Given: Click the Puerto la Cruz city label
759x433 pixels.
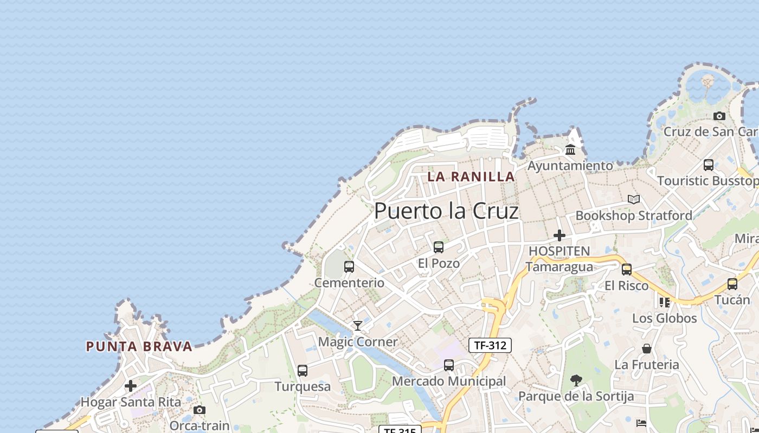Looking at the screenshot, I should click(446, 211).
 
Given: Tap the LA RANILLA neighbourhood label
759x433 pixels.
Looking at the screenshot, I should click(471, 176).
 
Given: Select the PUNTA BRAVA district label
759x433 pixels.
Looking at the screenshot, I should click(139, 346).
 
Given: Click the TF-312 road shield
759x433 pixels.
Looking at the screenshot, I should click(490, 345).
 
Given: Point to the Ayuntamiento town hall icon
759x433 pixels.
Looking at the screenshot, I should click(570, 150).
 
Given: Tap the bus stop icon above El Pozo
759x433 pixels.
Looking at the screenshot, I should click(439, 247).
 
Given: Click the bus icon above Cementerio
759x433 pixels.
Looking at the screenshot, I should click(349, 267).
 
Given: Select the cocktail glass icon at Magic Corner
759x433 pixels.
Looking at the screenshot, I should click(358, 325).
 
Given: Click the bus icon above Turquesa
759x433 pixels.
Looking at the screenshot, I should click(303, 371).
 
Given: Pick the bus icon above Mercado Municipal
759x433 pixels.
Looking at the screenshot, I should click(449, 365).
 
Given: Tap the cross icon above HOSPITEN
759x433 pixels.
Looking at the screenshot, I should click(559, 235).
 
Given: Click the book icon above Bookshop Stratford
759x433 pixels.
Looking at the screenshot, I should click(634, 200).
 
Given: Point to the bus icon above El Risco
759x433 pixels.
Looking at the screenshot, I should click(627, 270).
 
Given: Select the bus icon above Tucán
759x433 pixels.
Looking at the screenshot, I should click(732, 284).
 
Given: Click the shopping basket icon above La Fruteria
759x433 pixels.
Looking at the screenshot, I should click(647, 349).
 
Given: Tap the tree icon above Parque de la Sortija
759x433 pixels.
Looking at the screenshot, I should click(576, 380).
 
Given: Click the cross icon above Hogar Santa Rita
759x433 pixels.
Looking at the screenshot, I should click(131, 386).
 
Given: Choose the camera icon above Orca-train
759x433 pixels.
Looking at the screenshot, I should click(200, 410).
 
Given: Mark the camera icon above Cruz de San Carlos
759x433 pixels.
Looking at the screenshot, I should click(719, 116).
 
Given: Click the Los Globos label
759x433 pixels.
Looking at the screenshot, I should click(664, 318).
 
